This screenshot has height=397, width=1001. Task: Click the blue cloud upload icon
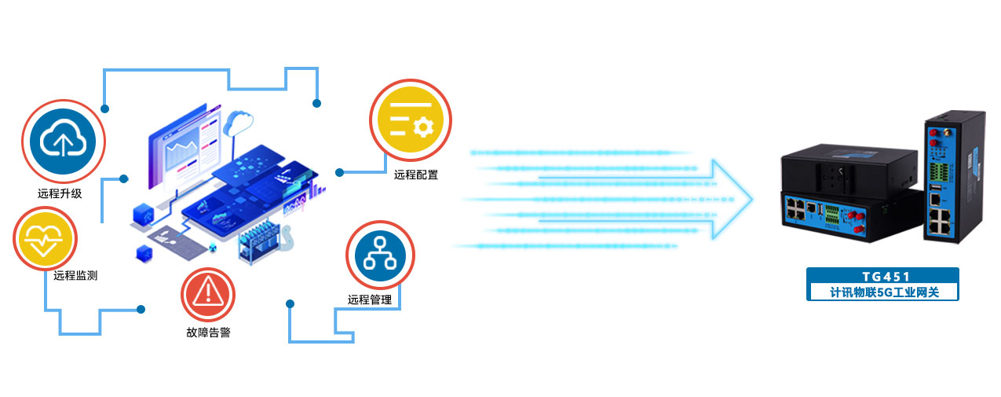pos(63,142)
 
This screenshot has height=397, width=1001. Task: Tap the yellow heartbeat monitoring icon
pos(44,238)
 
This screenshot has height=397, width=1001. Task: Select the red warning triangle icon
pos(208,295)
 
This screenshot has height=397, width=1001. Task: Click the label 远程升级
pos(60,194)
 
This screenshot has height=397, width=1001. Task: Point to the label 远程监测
pos(75,275)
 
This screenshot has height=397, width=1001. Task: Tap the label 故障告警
pos(208,332)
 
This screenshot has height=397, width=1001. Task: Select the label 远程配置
pos(415,175)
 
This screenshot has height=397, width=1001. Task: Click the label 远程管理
pos(370,300)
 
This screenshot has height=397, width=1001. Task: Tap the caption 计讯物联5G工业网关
pos(884,292)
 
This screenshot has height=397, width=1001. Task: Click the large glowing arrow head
pos(732,199)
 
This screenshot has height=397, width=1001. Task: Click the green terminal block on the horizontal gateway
pos(831,215)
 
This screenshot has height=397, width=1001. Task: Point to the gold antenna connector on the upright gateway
pos(947,131)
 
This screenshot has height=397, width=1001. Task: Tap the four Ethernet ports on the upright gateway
pos(940,222)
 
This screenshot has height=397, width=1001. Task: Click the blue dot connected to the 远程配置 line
pos(340,172)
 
